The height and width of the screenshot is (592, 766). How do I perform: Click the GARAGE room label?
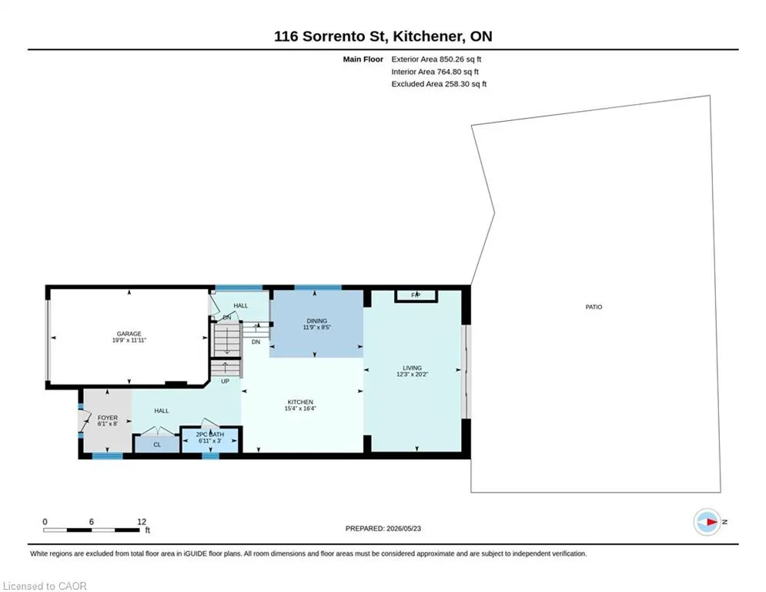(x=129, y=334)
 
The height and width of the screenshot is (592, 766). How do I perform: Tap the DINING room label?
(x=317, y=321)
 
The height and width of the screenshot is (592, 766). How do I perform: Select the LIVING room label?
(x=413, y=368)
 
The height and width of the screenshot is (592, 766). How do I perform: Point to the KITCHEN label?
(x=300, y=402)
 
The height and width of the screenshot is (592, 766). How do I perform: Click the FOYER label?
(x=108, y=418)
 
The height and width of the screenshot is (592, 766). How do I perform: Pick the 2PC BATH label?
(x=210, y=435)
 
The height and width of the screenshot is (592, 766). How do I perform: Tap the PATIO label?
(x=594, y=308)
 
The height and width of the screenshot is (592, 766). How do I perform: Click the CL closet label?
(x=157, y=445)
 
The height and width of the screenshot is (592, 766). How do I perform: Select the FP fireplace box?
(x=416, y=295)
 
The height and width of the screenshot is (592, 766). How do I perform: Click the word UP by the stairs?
(x=226, y=381)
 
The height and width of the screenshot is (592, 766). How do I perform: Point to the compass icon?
(x=707, y=522)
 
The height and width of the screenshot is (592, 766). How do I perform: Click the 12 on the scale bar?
(x=142, y=522)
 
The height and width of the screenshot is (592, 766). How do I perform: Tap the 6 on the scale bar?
(x=92, y=522)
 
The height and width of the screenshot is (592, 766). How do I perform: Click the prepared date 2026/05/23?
(x=403, y=528)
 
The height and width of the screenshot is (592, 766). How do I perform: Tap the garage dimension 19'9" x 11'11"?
(x=129, y=340)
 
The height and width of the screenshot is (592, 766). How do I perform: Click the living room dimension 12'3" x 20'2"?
(x=413, y=375)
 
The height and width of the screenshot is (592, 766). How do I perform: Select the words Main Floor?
(x=363, y=59)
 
